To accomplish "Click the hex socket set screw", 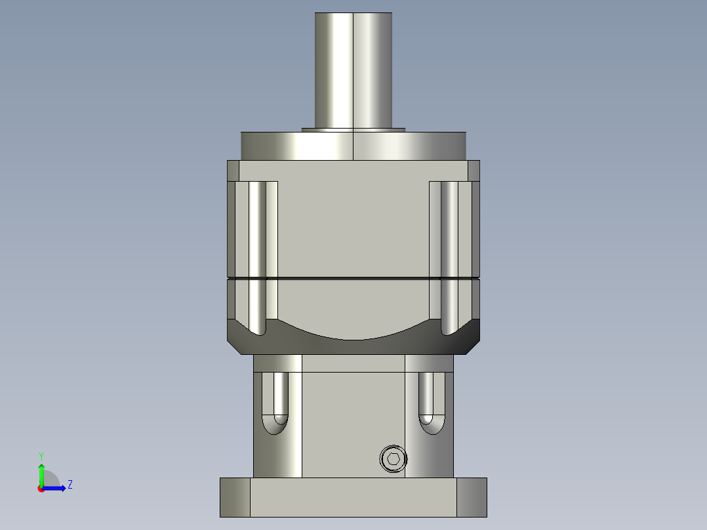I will pos(394,459).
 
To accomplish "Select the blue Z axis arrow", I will pos(55,488).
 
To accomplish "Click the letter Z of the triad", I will pos(70,485).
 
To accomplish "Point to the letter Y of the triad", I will pos(41,455).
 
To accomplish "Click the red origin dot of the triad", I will pos(41,489).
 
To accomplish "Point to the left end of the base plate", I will pos(235,497).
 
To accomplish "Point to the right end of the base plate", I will pos(472,497).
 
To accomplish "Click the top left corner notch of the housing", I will pos(233,171).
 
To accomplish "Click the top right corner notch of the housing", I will pos(474,171).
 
